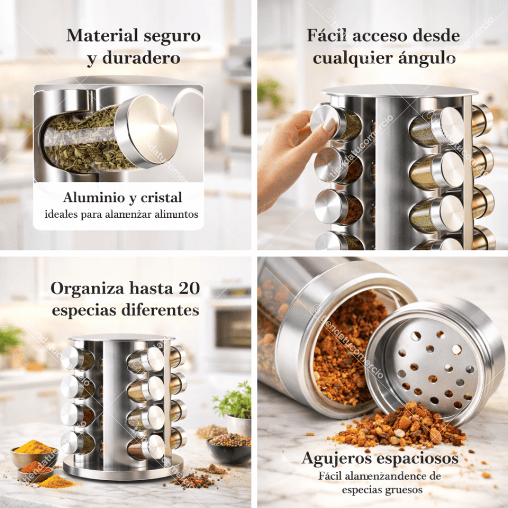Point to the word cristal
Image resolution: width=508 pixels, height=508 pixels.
click(161, 198)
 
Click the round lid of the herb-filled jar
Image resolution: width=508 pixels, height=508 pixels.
click(151, 130)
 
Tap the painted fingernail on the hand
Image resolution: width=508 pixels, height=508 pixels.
click(329, 125)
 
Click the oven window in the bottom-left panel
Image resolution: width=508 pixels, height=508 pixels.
click(232, 327)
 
